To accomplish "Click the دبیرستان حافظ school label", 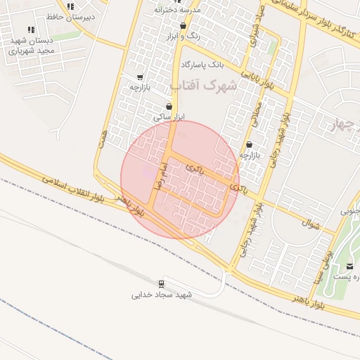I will click(64, 14).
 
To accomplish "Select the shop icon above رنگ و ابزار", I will click(184, 26).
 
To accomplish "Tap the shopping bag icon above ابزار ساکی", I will click(169, 106).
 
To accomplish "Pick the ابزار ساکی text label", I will click(168, 117).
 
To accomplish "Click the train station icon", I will click(162, 284).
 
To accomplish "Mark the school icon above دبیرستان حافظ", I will click(70, 5).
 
